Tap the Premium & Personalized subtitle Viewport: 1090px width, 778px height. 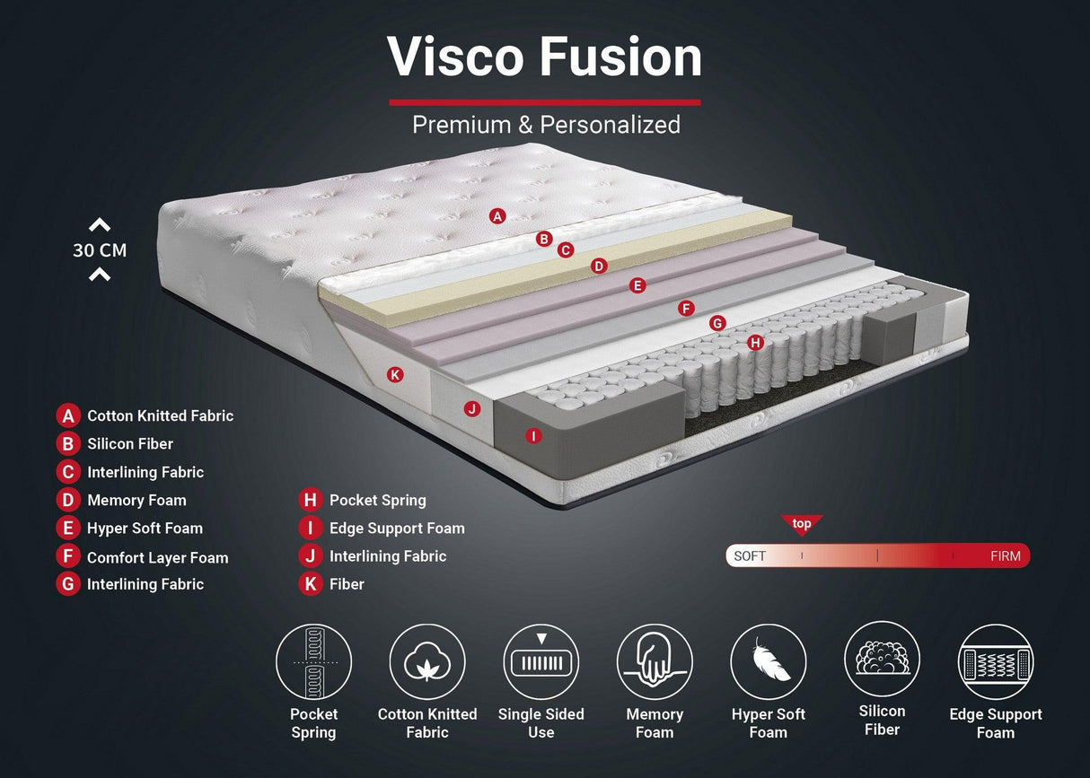tap(546, 124)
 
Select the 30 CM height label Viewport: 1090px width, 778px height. tap(100, 250)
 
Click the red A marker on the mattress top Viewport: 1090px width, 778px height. tap(498, 215)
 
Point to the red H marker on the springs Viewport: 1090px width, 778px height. tap(755, 342)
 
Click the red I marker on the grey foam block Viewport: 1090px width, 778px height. tap(533, 436)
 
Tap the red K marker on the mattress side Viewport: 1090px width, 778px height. tap(395, 374)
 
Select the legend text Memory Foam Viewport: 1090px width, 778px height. tap(136, 500)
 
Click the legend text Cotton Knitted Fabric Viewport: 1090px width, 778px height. tap(160, 415)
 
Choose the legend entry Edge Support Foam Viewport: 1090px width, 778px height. tap(397, 528)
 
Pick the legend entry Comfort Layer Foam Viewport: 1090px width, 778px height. tap(157, 557)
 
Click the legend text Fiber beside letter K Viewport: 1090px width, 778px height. tap(347, 584)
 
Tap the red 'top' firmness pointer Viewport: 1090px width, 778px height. tap(802, 525)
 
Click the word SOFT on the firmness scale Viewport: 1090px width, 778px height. tap(750, 556)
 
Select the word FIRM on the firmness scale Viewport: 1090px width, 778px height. tap(1005, 556)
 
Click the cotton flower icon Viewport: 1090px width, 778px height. tap(427, 662)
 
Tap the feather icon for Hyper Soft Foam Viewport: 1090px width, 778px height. tap(768, 662)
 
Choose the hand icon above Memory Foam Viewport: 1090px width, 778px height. tap(655, 662)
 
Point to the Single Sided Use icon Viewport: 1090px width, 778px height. tap(541, 662)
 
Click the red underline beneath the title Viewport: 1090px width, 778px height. tap(544, 102)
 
